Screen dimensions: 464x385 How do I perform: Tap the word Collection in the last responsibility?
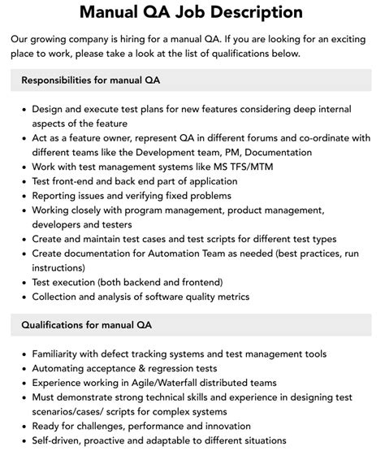coord(59,297)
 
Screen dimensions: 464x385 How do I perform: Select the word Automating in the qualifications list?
coord(63,368)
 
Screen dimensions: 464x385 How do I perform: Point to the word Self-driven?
coord(60,441)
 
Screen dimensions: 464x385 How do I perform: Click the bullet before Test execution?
coord(22,283)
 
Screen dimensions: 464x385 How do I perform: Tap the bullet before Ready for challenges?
coord(22,427)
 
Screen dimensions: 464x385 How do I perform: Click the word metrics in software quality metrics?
coord(253,297)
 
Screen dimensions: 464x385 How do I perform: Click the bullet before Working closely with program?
coord(22,210)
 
